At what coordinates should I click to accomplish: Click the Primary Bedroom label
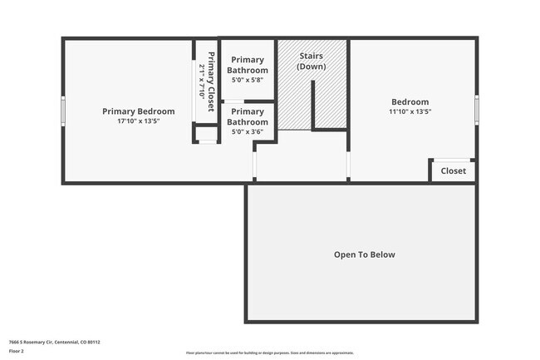[x=138, y=111]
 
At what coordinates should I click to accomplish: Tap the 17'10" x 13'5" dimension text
[x=138, y=121]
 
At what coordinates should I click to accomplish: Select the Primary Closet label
[x=211, y=81]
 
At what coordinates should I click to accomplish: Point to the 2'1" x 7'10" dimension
[x=202, y=81]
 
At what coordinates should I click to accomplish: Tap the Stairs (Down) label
[x=311, y=61]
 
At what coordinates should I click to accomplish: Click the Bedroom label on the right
[x=410, y=101]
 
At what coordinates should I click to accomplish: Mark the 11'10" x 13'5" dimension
[x=410, y=111]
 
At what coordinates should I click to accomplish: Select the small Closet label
[x=454, y=171]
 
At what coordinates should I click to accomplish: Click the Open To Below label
[x=364, y=254]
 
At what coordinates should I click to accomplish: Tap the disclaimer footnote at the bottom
[x=269, y=353]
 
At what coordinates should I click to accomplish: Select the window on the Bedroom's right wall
[x=477, y=109]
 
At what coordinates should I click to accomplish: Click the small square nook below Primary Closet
[x=205, y=134]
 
